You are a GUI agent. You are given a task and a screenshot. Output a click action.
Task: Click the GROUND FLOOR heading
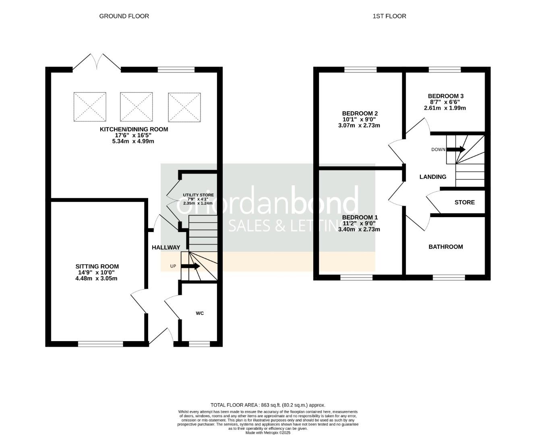124,16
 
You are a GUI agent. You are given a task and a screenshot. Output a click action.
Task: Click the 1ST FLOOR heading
389,16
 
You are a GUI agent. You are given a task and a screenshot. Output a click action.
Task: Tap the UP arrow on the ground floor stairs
190,266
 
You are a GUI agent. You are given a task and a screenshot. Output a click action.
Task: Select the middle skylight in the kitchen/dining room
136,107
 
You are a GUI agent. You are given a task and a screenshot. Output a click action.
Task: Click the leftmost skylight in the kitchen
90,107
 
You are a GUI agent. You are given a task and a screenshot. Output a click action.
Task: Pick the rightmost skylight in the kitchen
184,107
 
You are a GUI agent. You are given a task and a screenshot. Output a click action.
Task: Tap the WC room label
200,313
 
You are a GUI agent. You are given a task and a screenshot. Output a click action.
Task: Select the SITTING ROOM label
97,266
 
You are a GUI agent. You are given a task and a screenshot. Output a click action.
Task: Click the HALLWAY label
166,247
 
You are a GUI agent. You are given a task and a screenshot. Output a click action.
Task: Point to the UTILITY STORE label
198,195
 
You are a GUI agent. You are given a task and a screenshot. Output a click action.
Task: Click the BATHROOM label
445,246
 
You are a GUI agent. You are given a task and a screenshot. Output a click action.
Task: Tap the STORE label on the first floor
464,202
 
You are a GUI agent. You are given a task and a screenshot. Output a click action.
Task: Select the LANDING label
433,176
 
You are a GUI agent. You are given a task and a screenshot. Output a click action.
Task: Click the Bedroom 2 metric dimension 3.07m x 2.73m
359,125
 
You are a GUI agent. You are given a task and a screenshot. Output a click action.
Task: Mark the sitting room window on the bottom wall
100,344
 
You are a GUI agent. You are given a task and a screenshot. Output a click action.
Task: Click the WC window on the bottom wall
199,344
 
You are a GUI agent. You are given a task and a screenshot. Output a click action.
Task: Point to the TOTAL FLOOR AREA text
268,405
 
